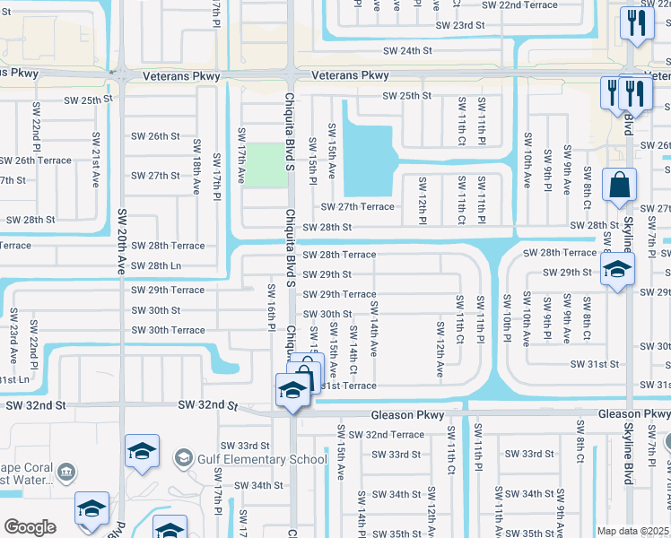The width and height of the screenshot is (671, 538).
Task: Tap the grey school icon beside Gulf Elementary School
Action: coord(183,459)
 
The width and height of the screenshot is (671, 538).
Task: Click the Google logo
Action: coord(30,527)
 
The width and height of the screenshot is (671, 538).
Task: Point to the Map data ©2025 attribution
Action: coord(632,531)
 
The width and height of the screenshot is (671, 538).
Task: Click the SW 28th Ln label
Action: coord(156,265)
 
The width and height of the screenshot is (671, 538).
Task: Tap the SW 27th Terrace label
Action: coord(359,206)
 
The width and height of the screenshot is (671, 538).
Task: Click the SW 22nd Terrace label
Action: coord(515,5)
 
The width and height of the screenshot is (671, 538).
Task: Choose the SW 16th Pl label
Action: coord(270,308)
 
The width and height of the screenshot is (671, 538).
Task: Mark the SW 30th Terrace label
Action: coord(169,330)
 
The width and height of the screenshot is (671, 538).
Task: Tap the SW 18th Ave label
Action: coord(196,174)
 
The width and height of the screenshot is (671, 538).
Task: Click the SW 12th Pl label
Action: coord(421,199)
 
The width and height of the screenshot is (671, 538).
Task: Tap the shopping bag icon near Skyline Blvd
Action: coord(619,186)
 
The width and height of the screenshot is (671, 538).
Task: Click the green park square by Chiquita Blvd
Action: coord(265,162)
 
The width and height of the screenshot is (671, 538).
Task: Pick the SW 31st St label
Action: coord(597,364)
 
